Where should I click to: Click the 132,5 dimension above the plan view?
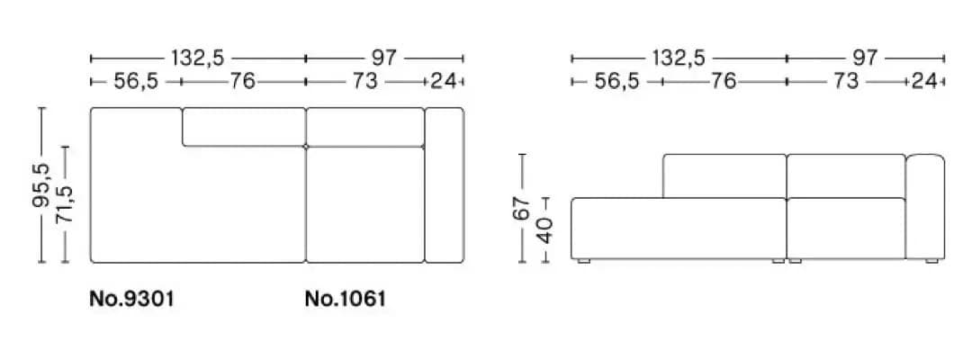[198, 58]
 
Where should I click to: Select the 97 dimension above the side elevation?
[865, 58]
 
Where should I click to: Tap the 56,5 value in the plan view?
[136, 81]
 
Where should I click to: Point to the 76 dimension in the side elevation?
[723, 81]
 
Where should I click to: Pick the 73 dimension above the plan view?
[365, 81]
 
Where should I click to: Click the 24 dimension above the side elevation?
[924, 81]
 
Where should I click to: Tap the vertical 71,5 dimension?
[65, 203]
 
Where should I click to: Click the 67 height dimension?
[522, 208]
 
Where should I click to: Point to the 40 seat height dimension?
[544, 229]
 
